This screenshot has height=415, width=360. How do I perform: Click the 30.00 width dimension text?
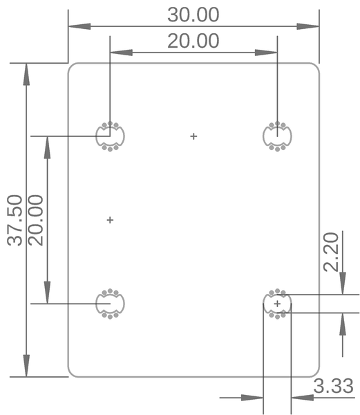coord(193,15)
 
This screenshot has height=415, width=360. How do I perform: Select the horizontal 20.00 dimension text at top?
coord(193,41)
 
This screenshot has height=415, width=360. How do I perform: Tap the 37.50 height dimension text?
coord(15,220)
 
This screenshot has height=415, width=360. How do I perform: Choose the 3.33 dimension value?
coord(334,386)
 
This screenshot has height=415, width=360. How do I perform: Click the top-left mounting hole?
coord(110,136)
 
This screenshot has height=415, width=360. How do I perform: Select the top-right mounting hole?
coord(277,136)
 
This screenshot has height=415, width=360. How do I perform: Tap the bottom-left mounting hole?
coord(110,303)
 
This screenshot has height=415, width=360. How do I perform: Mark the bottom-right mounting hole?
coord(277,304)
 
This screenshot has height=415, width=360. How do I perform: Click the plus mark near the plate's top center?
coord(193,136)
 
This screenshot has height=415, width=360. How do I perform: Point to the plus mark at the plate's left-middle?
coord(110,220)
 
